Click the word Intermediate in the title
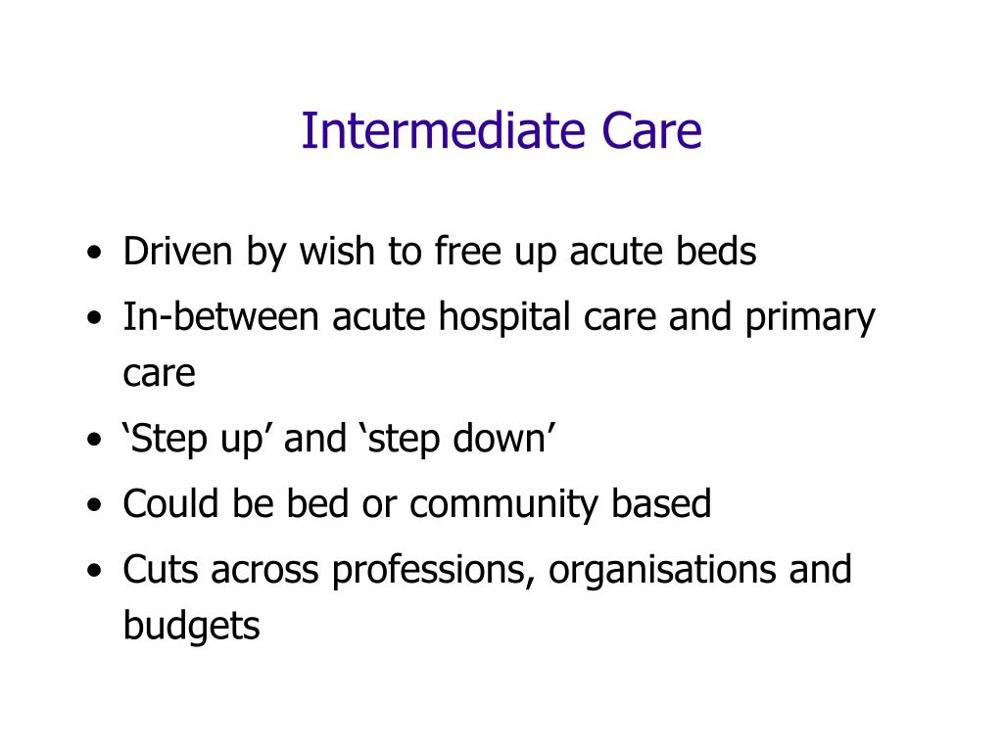click(437, 131)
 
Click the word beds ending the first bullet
click(716, 253)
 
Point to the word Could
click(171, 504)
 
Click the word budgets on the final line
click(191, 626)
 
